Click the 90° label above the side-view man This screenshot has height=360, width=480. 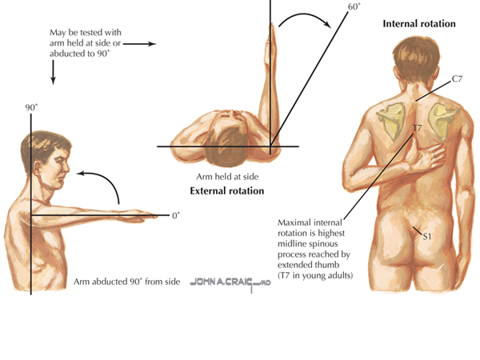[31, 106]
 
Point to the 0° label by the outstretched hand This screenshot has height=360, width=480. [175, 215]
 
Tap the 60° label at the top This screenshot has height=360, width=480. [352, 6]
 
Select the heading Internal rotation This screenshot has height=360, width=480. [419, 24]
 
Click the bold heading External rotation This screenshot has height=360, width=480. [226, 191]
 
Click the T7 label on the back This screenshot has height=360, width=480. [416, 128]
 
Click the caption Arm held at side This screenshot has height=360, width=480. [226, 177]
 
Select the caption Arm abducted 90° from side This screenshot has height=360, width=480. [127, 282]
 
